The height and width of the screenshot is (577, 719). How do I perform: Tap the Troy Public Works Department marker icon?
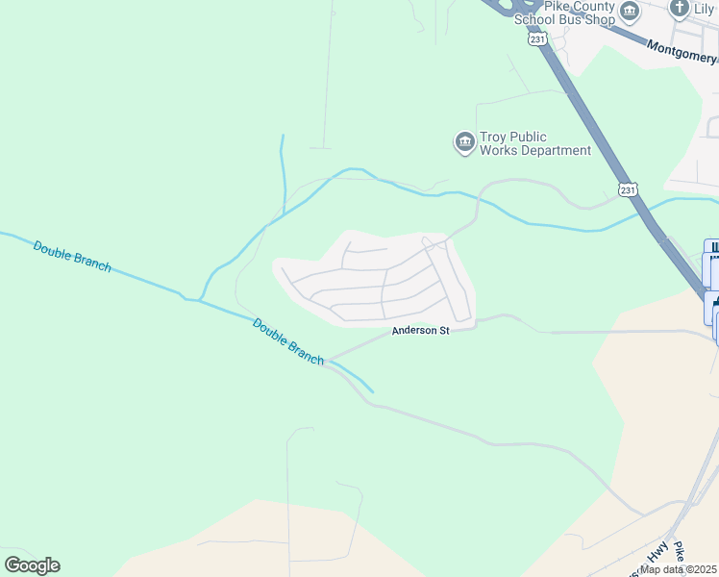(x=464, y=143)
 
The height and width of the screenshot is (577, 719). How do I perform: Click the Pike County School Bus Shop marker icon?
(x=630, y=12)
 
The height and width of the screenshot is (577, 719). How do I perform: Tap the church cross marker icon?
(x=680, y=10)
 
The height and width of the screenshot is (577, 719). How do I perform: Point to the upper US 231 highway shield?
(x=536, y=38)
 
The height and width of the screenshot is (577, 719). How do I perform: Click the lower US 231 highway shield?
(x=627, y=190)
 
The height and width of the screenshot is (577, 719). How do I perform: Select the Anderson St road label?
(x=420, y=331)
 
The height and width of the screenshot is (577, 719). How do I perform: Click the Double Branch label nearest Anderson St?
(x=287, y=340)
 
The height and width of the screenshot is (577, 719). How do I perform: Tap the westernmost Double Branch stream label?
(x=72, y=255)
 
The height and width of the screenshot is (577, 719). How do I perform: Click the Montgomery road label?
(x=682, y=49)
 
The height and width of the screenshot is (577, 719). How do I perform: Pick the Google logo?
(x=32, y=565)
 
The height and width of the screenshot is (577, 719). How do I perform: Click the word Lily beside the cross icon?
(x=707, y=9)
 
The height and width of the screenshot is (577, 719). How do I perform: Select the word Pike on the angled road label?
(x=681, y=552)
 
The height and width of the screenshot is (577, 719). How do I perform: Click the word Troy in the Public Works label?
(x=494, y=137)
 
